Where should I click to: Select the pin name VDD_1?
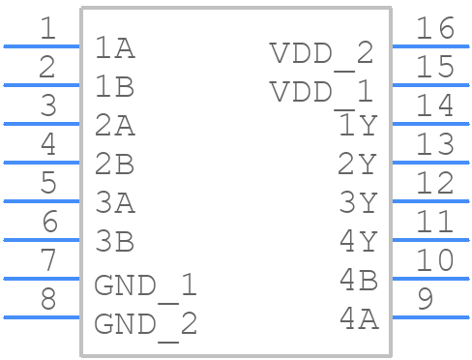(321, 92)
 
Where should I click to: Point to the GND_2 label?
(145, 323)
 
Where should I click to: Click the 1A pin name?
(114, 48)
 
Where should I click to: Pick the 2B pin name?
(114, 165)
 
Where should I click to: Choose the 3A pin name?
(114, 203)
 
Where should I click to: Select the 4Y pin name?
(357, 241)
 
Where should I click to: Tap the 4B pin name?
(357, 280)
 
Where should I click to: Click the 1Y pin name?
(357, 126)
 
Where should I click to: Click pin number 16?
(434, 28)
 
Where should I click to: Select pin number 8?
(47, 299)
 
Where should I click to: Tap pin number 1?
(47, 28)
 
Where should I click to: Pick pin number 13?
(434, 144)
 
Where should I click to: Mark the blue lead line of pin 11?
(429, 239)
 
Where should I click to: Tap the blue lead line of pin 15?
(429, 84)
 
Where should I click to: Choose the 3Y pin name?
(357, 202)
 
